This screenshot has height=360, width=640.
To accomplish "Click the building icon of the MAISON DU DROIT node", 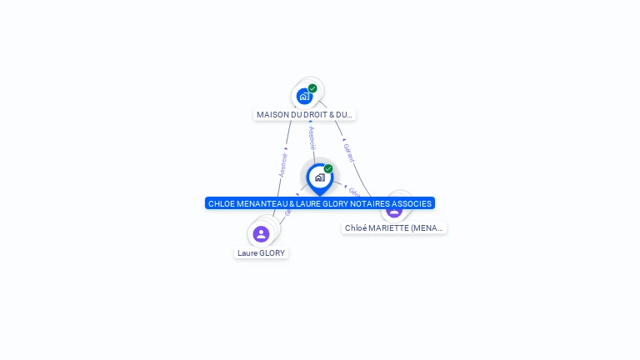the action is (304, 96).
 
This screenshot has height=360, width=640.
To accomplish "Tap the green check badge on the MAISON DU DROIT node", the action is (312, 88).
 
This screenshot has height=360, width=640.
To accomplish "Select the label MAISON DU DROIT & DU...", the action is (304, 115).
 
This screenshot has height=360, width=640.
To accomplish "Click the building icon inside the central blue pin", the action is (319, 177).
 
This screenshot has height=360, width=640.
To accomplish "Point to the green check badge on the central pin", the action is (328, 169).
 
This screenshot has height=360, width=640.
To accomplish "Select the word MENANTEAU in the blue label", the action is (259, 203).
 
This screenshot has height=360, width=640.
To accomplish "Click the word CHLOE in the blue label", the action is (221, 203).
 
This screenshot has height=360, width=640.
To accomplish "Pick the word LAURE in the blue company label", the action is (300, 203).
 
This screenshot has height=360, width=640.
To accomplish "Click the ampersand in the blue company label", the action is (284, 203).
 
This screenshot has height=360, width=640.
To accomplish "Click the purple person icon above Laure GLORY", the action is (261, 234).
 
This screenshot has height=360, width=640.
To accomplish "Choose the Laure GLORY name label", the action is (261, 253).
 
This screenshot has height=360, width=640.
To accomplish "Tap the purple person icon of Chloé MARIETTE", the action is (394, 210).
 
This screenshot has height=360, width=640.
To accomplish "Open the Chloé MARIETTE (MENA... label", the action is (394, 227).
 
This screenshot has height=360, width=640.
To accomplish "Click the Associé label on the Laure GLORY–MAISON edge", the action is (283, 163).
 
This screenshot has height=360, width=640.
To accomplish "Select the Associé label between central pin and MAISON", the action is (312, 137).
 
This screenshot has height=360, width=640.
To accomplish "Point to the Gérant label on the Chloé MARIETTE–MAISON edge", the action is (349, 152).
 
